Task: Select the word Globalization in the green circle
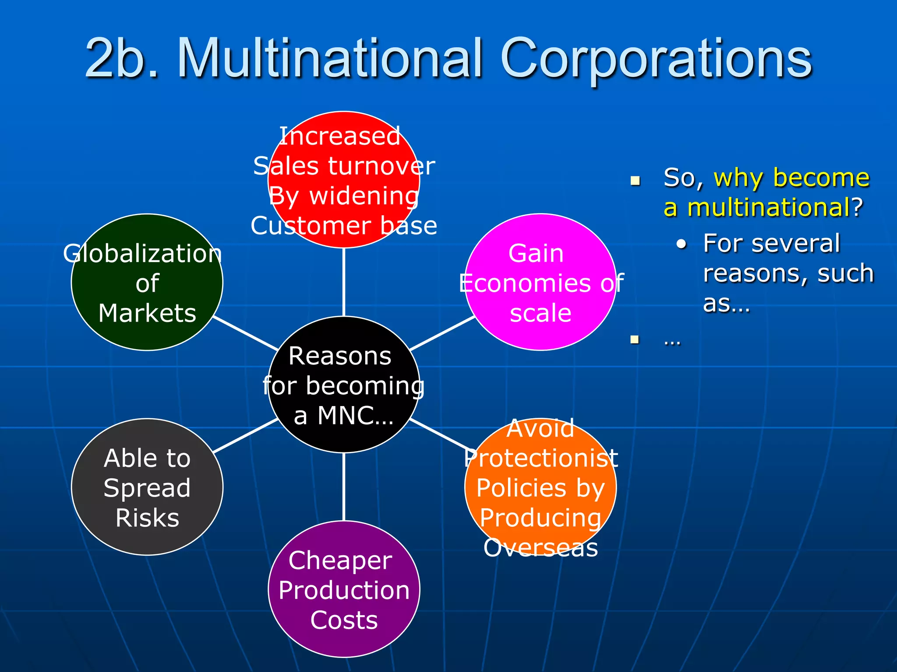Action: coord(142,254)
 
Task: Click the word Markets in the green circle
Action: coord(147,313)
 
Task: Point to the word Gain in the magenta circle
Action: coord(536,254)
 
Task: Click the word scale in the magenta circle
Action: coord(540,313)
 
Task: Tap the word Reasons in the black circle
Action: coord(340,356)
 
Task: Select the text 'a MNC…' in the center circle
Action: coord(343,416)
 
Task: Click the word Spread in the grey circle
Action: coord(147,488)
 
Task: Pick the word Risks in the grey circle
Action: coord(147,518)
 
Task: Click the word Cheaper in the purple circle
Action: coord(340,561)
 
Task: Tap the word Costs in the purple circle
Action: coord(344,620)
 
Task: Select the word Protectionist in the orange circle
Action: coord(541,458)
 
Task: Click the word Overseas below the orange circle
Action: coord(541,548)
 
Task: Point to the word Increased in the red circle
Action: coord(340,136)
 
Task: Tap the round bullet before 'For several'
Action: coord(681,245)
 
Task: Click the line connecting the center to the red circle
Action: coord(344,282)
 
